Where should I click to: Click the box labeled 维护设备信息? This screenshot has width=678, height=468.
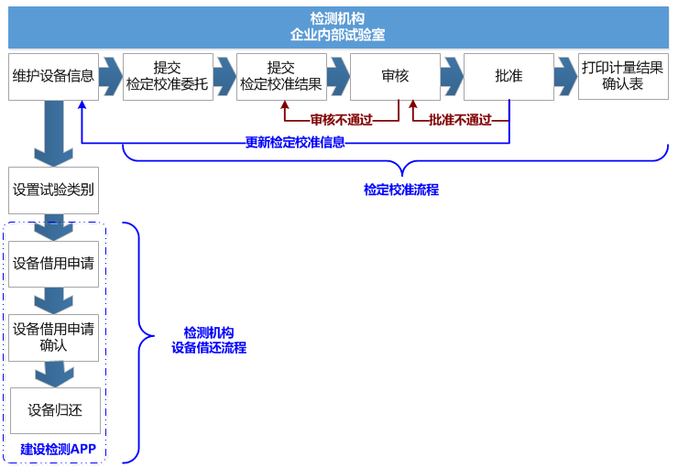[x=53, y=76]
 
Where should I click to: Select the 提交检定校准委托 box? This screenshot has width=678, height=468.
[x=168, y=76]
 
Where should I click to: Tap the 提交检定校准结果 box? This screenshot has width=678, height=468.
[x=281, y=76]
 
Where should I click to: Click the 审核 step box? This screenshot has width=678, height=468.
[x=395, y=76]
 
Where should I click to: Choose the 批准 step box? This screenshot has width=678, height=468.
[x=508, y=76]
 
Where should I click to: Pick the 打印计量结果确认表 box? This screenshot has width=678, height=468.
[x=623, y=76]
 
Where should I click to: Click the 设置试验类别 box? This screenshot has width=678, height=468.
[x=53, y=190]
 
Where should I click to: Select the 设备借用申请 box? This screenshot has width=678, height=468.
[x=53, y=264]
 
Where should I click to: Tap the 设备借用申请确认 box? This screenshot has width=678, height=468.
[x=53, y=337]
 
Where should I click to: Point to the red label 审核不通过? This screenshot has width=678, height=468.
[x=341, y=120]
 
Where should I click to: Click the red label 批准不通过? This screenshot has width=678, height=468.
[x=460, y=120]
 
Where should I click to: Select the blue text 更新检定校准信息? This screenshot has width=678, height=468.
[x=295, y=142]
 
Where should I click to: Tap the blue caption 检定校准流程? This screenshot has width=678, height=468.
[x=401, y=190]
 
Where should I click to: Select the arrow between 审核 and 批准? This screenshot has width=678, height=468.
[x=452, y=76]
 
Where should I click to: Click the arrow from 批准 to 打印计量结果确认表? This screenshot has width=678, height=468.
[x=566, y=76]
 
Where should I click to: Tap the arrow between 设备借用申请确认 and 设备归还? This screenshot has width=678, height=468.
[x=54, y=374]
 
